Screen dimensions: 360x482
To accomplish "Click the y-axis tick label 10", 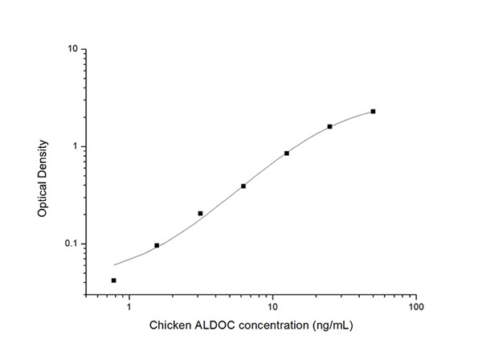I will pos(72,49).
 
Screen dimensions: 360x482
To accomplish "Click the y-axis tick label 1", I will pos(75,146).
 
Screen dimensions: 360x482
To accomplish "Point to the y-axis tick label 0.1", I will pos(71,244).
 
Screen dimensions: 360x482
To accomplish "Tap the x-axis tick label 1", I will pos(129,306).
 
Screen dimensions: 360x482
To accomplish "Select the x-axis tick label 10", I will pos(272,306).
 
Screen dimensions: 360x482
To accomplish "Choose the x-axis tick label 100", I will pos(415,306).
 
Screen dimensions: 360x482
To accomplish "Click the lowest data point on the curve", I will pos(114,280).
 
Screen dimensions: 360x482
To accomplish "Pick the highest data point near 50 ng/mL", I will pos(373,112).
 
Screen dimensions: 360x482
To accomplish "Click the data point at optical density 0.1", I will pos(157,245).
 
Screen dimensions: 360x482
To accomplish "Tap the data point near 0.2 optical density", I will pos(200,214).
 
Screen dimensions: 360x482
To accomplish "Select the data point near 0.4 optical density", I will pos(243,186).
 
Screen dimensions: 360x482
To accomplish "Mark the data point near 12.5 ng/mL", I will pos(287,153).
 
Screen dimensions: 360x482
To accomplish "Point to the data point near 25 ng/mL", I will pos(329,126).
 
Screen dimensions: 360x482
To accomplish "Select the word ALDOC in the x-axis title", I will pos(214,326).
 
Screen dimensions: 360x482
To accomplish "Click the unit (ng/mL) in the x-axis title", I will pos(331,326).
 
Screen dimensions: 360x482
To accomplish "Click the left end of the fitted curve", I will pos(115,264).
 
